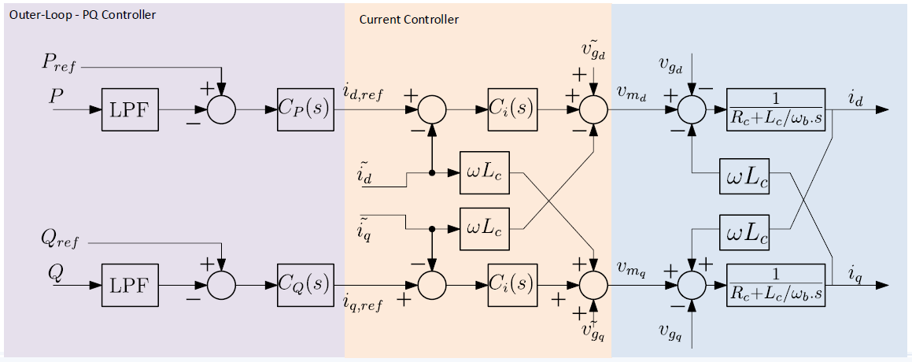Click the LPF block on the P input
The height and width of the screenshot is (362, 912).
point(131,108)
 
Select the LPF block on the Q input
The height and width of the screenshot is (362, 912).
point(131,282)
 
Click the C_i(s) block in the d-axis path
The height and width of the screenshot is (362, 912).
point(512,108)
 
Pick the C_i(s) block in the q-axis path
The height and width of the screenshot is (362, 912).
point(512,282)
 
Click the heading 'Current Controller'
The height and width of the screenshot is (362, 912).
point(409,19)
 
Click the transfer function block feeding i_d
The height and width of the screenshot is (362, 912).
point(776,109)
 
